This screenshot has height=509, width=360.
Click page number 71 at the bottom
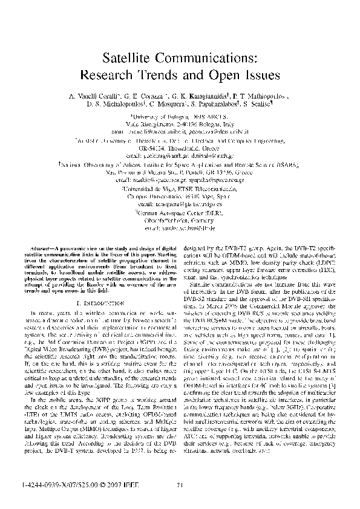point(180,485)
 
